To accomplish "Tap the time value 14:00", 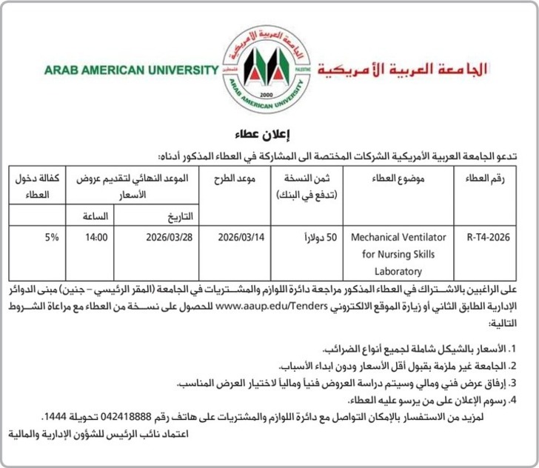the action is [97, 238].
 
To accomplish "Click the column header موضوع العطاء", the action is [398, 180].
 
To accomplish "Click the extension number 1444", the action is [58, 418].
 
